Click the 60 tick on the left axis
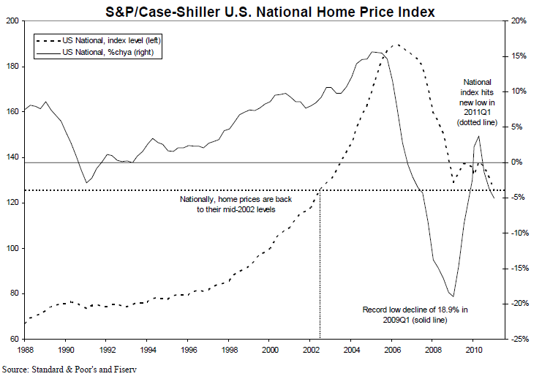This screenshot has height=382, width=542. click(x=15, y=339)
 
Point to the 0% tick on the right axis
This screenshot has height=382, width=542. click(x=517, y=162)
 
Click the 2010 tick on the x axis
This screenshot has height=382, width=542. click(x=474, y=350)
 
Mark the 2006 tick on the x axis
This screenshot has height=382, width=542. click(x=392, y=350)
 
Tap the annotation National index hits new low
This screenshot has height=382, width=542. click(x=478, y=102)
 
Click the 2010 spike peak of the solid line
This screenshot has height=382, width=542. click(x=478, y=136)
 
